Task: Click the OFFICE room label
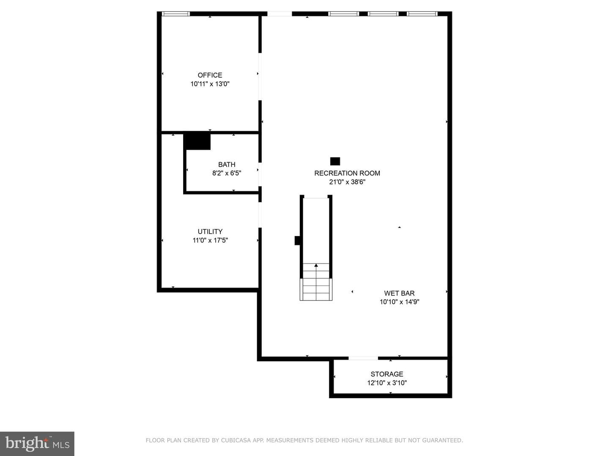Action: click(210, 75)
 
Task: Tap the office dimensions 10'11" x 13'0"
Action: click(210, 84)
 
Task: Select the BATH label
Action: click(227, 165)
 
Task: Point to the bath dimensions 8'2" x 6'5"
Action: click(227, 173)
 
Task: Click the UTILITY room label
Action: click(210, 231)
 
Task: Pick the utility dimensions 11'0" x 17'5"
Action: click(210, 240)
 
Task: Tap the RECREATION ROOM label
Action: click(347, 173)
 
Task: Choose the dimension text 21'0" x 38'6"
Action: click(347, 182)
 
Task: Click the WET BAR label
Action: click(399, 293)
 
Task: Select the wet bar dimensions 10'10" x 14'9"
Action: click(399, 302)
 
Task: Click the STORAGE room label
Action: click(387, 374)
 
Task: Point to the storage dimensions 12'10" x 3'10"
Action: click(387, 383)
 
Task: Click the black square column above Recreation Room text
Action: click(335, 161)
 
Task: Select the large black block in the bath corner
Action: click(197, 142)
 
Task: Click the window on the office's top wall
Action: click(176, 14)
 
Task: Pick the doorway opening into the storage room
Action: click(363, 358)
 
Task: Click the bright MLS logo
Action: click(37, 444)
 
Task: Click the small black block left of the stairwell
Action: click(297, 241)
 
